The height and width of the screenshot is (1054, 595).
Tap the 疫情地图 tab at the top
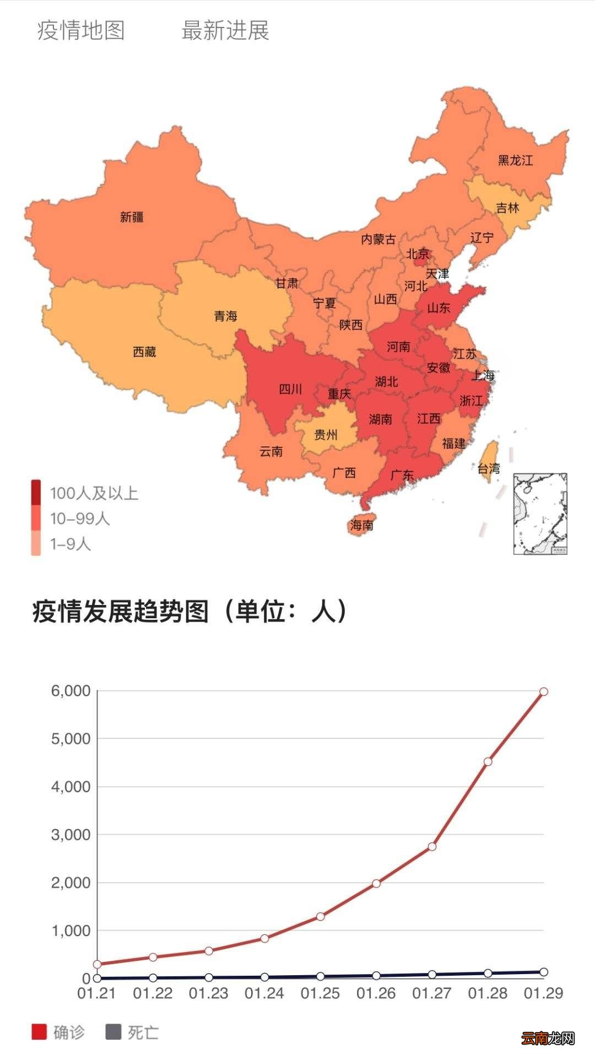(81, 30)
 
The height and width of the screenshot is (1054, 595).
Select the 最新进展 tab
(225, 30)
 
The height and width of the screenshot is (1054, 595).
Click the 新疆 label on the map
(132, 217)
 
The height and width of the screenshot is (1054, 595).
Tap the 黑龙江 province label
(515, 160)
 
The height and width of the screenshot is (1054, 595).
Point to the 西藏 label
(145, 352)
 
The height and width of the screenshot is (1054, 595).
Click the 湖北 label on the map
(386, 381)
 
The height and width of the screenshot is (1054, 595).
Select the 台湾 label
(489, 468)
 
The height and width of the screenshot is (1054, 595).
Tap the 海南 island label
(361, 525)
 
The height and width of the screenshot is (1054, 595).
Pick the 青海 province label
(225, 316)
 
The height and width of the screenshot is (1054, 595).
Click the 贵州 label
(326, 435)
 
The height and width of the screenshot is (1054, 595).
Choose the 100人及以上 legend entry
(94, 493)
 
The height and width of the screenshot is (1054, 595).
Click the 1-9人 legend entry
(70, 544)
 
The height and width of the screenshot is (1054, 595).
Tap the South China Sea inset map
(540, 514)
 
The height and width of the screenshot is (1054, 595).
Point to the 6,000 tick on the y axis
(71, 691)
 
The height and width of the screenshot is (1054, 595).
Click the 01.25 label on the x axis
(320, 993)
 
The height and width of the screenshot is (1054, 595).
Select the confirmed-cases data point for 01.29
(543, 691)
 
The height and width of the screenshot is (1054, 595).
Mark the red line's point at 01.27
(432, 846)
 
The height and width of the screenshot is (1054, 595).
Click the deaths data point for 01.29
(543, 972)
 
